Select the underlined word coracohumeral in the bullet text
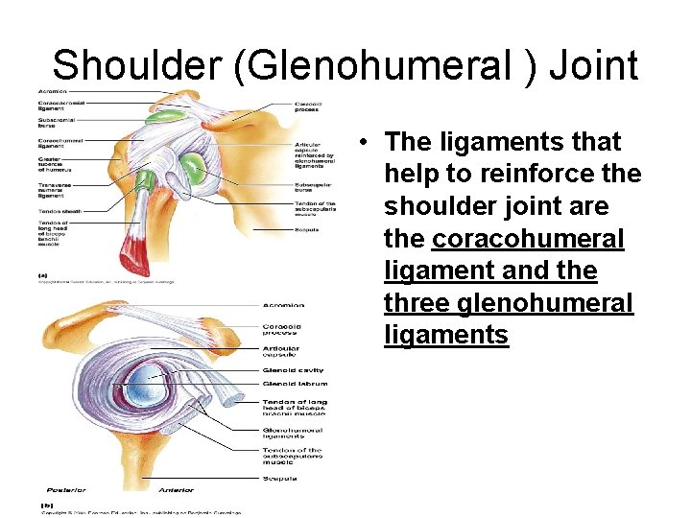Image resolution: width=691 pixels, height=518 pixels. [528, 239]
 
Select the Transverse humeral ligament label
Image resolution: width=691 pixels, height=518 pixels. [59, 190]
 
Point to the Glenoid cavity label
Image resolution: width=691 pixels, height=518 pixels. [293, 370]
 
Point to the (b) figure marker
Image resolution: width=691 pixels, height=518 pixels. [45, 504]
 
